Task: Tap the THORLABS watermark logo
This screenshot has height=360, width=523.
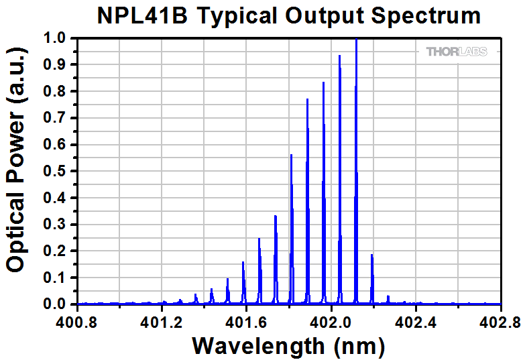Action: [x=457, y=52]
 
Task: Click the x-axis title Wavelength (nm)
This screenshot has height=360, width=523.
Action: [x=288, y=345]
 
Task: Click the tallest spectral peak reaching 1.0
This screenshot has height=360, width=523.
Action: [x=356, y=40]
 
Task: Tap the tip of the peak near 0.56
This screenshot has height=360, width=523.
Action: [x=291, y=156]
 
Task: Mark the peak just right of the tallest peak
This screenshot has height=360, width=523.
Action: [x=372, y=255]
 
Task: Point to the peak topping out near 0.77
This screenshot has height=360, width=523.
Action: [x=308, y=100]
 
